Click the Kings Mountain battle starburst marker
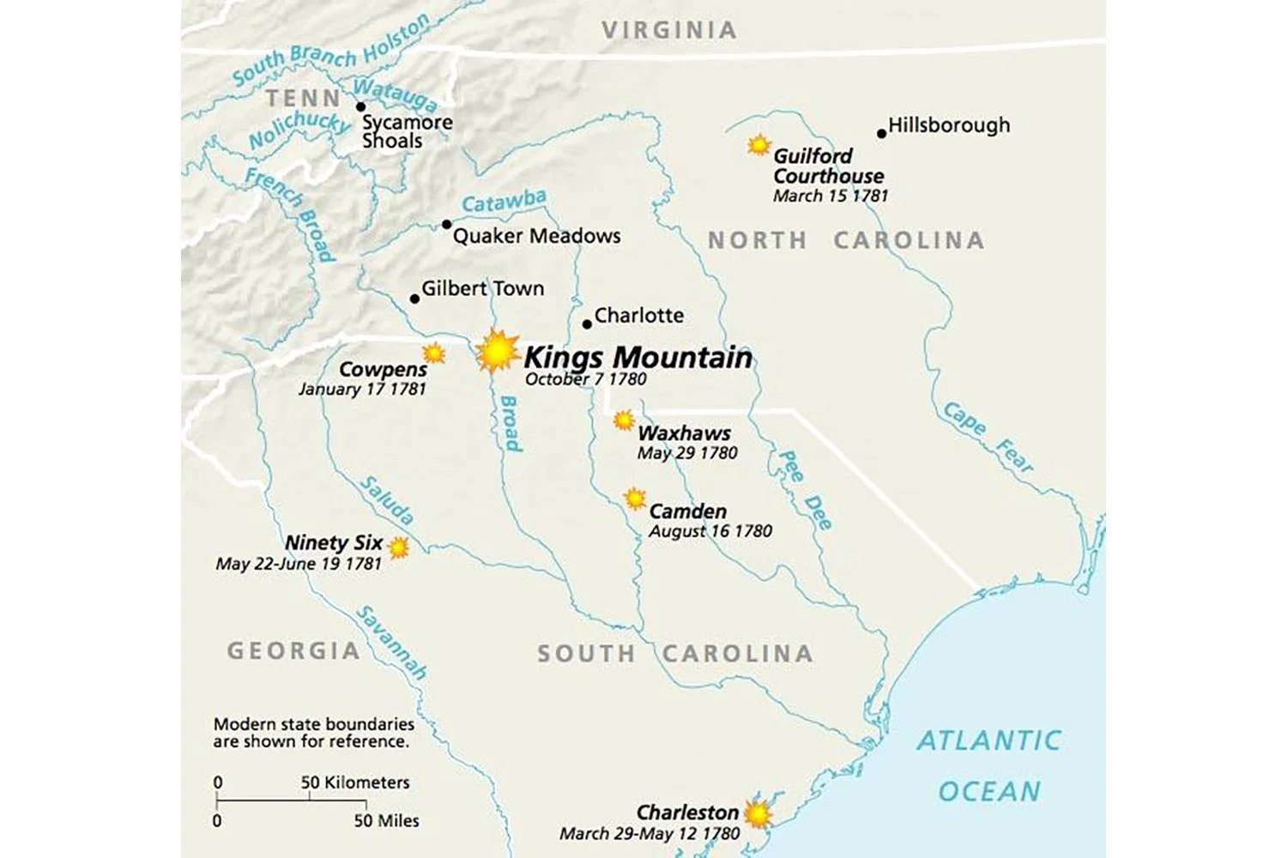tap(497, 351)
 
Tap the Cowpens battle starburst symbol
tap(435, 353)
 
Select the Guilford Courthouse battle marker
tap(758, 145)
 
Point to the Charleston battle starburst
tap(758, 813)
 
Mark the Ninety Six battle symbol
tap(398, 547)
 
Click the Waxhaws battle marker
tap(624, 420)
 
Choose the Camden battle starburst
tap(634, 498)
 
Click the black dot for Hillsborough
tap(881, 133)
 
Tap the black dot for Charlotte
tap(587, 324)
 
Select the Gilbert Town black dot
tap(414, 299)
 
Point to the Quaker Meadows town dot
tap(446, 225)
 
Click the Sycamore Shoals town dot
tap(360, 107)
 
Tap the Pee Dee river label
tap(804, 489)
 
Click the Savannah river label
tap(391, 643)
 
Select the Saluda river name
tap(387, 500)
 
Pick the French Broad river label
tap(289, 214)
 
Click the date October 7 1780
tap(585, 379)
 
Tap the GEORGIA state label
tap(293, 651)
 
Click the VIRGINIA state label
tap(668, 30)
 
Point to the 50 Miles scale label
tap(386, 821)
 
